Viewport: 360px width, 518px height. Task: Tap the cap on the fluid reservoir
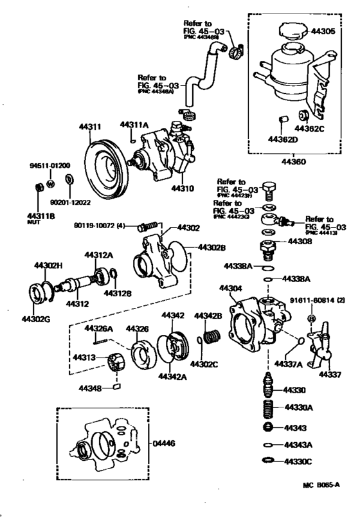coord(291,31)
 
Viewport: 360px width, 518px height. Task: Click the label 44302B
coord(212,247)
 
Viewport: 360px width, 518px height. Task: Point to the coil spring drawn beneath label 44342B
coord(212,336)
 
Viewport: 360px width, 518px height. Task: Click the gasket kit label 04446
coord(166,443)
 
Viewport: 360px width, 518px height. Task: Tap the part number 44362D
coord(282,139)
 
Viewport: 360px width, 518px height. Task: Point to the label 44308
coord(299,242)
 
